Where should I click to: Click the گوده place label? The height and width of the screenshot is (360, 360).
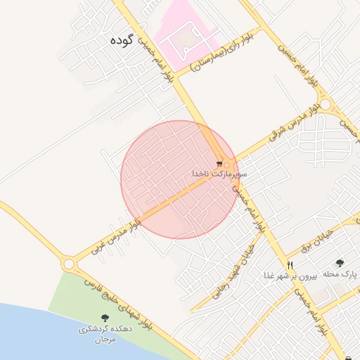pos(121,40)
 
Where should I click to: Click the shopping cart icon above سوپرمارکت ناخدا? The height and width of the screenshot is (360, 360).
pos(219,163)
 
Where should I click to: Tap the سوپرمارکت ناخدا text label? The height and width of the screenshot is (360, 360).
pos(219,173)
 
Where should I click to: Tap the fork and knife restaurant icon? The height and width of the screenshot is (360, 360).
pos(290,265)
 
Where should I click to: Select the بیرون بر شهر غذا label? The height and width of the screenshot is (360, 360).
pos(290,276)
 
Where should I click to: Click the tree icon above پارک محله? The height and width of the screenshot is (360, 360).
pos(340,262)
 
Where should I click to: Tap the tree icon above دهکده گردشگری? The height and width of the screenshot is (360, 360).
pos(105,318)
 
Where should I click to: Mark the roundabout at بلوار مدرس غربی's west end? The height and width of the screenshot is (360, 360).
pos(69,264)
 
